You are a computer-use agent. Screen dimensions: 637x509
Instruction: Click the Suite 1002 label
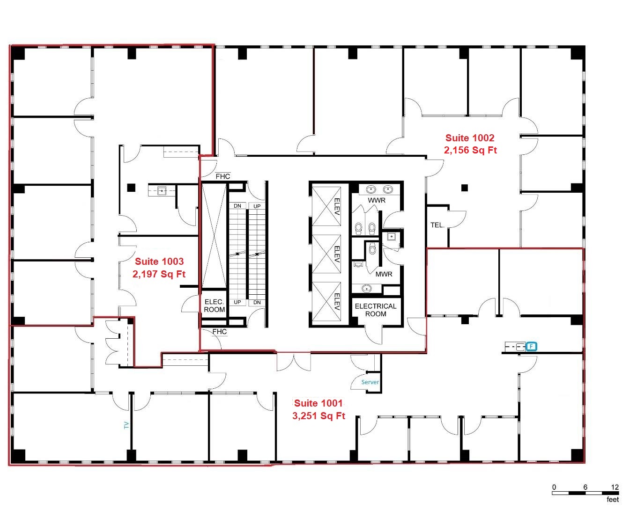pyautogui.click(x=470, y=138)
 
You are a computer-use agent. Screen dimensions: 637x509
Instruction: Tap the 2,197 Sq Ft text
pyautogui.click(x=159, y=274)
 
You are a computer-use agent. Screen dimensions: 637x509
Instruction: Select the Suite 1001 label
pyautogui.click(x=318, y=403)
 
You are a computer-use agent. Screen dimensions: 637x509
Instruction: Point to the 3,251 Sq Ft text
pyautogui.click(x=319, y=416)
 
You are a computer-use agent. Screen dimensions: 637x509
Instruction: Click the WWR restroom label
pyautogui.click(x=377, y=201)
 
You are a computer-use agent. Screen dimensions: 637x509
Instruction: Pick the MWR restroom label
pyautogui.click(x=384, y=275)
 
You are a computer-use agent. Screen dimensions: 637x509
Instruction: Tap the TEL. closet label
pyautogui.click(x=437, y=225)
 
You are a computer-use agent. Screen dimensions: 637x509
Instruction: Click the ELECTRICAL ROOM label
pyautogui.click(x=375, y=310)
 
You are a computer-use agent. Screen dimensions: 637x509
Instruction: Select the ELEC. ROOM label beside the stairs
pyautogui.click(x=215, y=306)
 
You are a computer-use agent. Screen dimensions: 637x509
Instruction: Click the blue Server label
pyautogui.click(x=370, y=382)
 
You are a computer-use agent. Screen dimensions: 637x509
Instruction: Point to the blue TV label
pyautogui.click(x=126, y=425)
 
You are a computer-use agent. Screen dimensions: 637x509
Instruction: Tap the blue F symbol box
pyautogui.click(x=531, y=346)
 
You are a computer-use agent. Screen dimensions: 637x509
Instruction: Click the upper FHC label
pyautogui.click(x=222, y=176)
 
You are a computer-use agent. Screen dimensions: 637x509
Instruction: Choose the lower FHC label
pyautogui.click(x=219, y=332)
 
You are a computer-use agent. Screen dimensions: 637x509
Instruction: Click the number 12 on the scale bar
pyautogui.click(x=615, y=487)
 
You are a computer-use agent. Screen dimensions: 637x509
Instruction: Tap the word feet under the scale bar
pyautogui.click(x=613, y=500)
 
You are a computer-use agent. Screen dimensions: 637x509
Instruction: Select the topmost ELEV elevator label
pyautogui.click(x=337, y=206)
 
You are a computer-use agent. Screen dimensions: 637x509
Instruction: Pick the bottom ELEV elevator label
pyautogui.click(x=337, y=301)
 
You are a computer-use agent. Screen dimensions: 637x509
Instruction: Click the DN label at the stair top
pyautogui.click(x=237, y=206)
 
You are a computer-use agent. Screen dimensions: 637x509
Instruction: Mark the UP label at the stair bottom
pyautogui.click(x=237, y=302)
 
